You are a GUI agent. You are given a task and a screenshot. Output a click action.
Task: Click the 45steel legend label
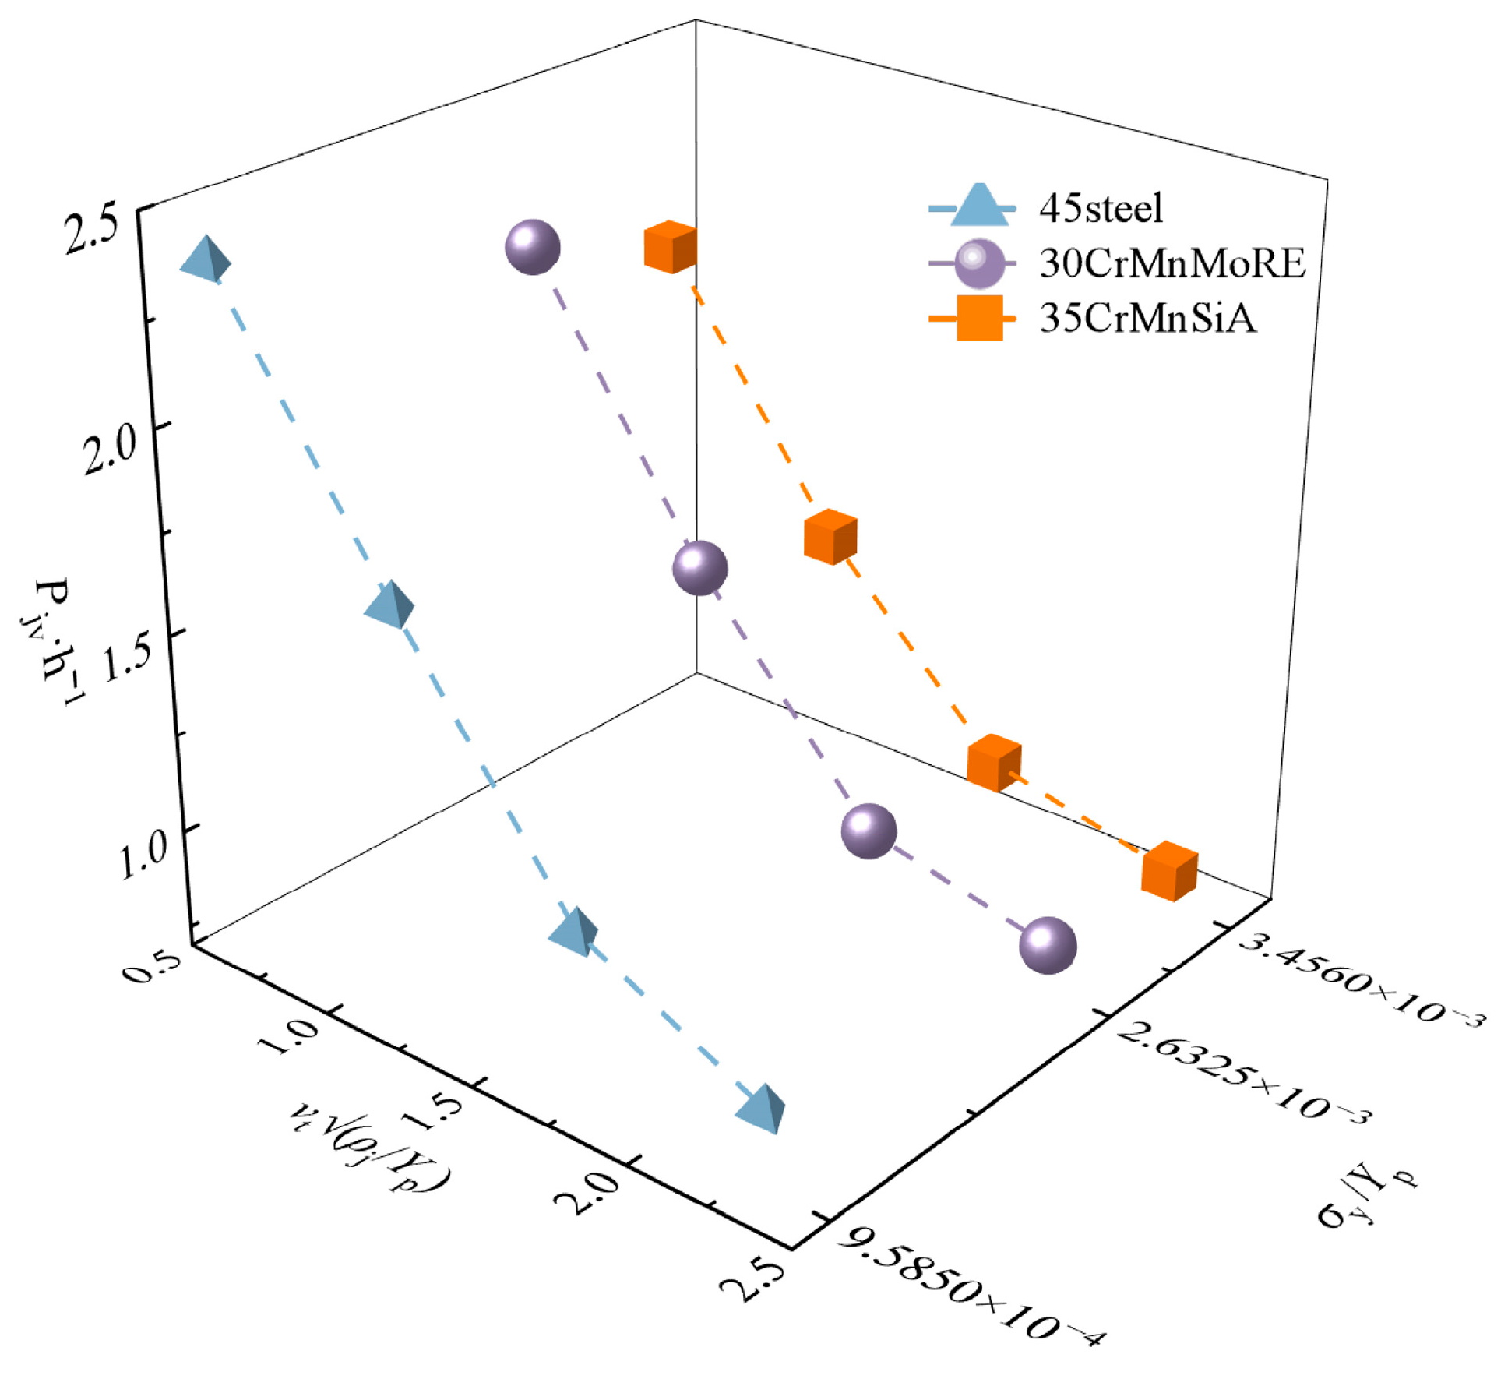click(x=1100, y=209)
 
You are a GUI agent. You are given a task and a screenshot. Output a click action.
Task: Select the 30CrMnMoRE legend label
click(x=1172, y=263)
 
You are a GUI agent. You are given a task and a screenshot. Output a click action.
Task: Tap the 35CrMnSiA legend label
click(x=1147, y=318)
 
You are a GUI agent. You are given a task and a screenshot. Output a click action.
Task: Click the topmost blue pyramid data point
click(x=206, y=259)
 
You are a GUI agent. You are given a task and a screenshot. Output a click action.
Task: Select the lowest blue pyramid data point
click(x=760, y=1107)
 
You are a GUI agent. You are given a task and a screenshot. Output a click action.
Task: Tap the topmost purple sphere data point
click(x=533, y=247)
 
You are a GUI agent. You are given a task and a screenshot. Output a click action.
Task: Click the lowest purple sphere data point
click(x=1048, y=945)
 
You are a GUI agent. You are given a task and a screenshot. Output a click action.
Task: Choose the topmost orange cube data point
click(x=670, y=247)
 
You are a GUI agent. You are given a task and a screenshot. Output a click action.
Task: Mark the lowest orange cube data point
click(x=1168, y=871)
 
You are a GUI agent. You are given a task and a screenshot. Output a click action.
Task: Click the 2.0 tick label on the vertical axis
click(x=110, y=450)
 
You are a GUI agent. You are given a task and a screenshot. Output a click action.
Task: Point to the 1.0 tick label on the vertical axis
click(x=143, y=852)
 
